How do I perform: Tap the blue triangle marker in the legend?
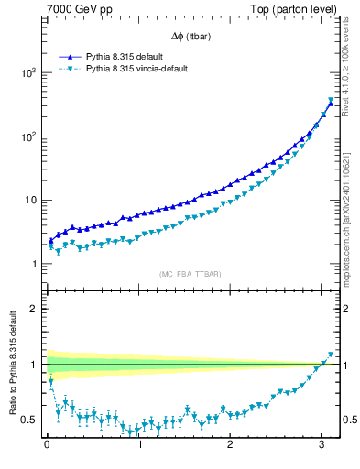point(71,56)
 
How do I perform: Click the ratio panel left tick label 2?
point(35,309)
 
